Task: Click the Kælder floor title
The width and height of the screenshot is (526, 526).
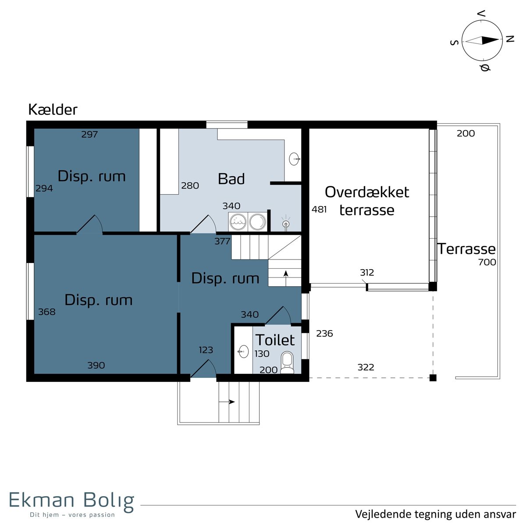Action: pyautogui.click(x=53, y=110)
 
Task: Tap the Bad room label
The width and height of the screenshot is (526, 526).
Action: pyautogui.click(x=231, y=179)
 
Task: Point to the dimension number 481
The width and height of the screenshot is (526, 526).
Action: pyautogui.click(x=319, y=210)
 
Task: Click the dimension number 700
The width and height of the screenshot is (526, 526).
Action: pyautogui.click(x=487, y=262)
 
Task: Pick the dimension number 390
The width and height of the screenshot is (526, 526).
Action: pyautogui.click(x=96, y=365)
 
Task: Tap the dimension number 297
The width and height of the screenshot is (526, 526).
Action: pyautogui.click(x=89, y=134)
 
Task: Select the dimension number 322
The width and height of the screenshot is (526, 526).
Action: pyautogui.click(x=366, y=367)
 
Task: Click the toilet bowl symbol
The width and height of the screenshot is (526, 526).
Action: pyautogui.click(x=287, y=362)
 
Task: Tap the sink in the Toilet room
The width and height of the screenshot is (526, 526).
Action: pyautogui.click(x=243, y=351)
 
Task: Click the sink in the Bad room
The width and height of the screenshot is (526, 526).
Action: pyautogui.click(x=295, y=159)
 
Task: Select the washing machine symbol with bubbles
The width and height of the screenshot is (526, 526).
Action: pyautogui.click(x=238, y=221)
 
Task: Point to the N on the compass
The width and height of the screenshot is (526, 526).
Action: pyautogui.click(x=510, y=39)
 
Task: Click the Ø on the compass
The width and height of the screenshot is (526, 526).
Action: pyautogui.click(x=485, y=68)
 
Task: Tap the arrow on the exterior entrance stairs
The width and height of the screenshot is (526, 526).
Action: pyautogui.click(x=227, y=402)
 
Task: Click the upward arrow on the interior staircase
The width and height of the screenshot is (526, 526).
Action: pyautogui.click(x=286, y=278)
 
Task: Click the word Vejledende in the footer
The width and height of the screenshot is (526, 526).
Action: pyautogui.click(x=383, y=514)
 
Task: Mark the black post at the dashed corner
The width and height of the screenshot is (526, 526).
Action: pyautogui.click(x=433, y=378)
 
